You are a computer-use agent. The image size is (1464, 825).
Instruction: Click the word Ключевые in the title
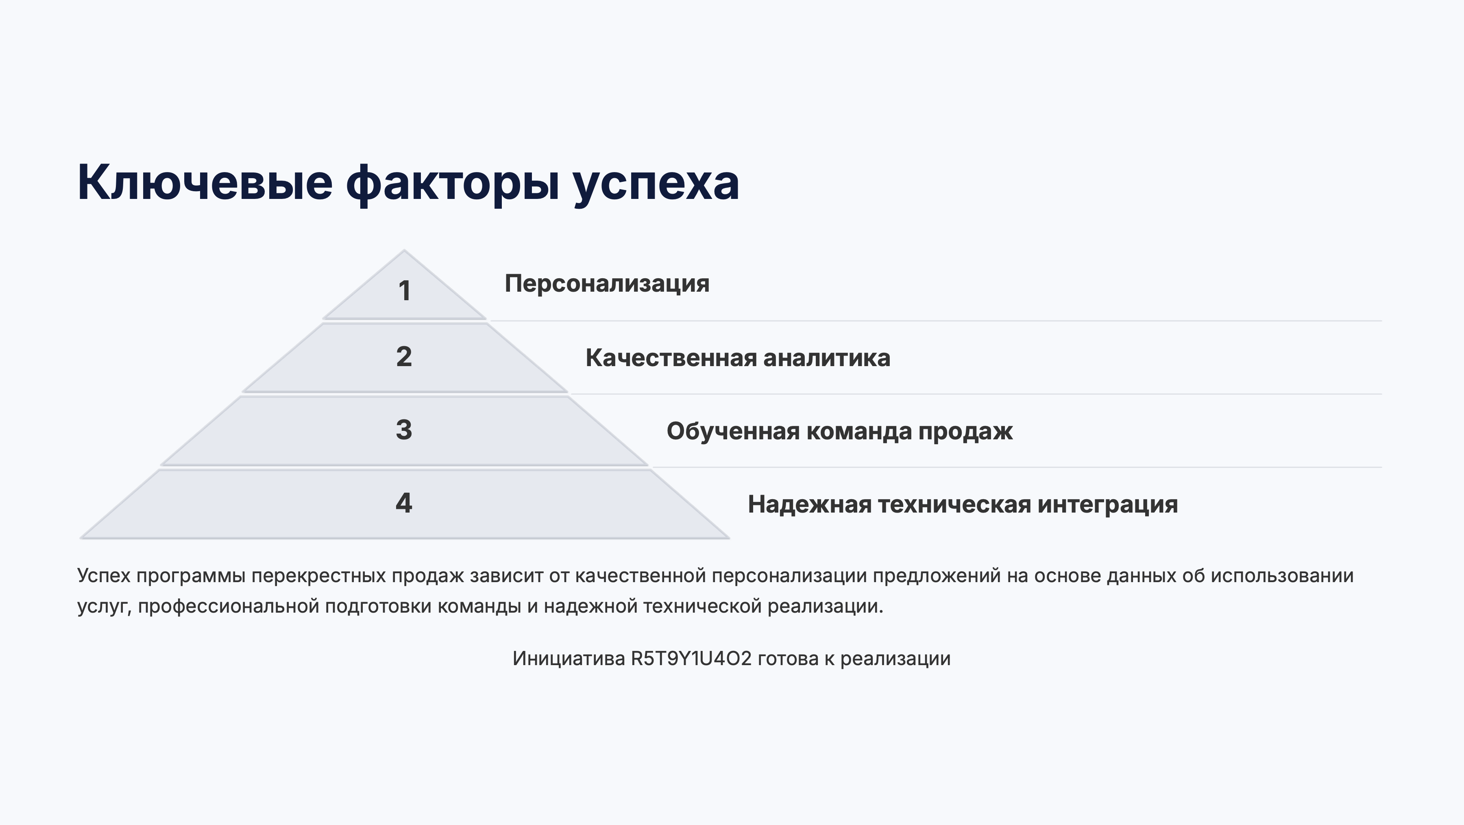[x=205, y=183]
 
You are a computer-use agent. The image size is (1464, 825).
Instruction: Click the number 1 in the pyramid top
[x=405, y=291]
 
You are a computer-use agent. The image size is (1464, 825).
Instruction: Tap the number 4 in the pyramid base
[x=404, y=503]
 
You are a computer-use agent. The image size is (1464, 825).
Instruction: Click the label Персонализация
[x=607, y=284]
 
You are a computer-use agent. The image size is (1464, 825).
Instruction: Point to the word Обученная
[x=734, y=431]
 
